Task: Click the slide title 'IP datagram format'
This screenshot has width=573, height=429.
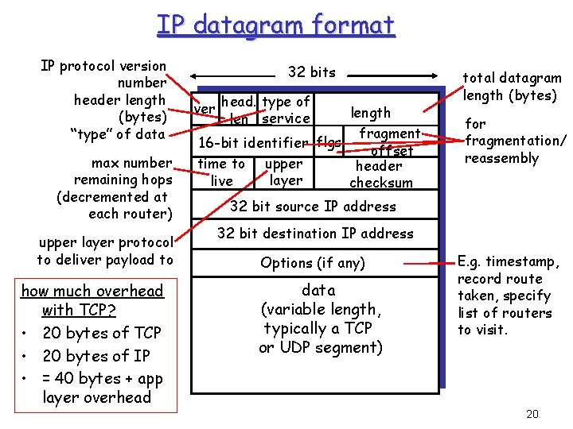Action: (275, 25)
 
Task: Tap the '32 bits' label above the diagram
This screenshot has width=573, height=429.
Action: (311, 72)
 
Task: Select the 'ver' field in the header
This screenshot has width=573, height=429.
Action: (205, 109)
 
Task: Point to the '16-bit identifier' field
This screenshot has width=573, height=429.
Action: (254, 143)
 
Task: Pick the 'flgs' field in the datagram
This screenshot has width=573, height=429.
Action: (329, 143)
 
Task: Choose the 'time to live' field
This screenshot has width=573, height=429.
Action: (221, 172)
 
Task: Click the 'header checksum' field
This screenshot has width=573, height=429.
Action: (381, 174)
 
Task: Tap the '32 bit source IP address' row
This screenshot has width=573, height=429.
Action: (313, 207)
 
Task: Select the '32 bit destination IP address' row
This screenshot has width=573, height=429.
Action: (315, 234)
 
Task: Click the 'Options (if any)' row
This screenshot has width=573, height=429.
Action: (313, 263)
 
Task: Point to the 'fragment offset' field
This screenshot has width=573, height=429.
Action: (390, 141)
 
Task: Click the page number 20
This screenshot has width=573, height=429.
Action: (532, 413)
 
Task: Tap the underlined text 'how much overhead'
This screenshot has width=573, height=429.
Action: (92, 291)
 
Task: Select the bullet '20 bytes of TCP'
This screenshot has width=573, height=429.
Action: (101, 333)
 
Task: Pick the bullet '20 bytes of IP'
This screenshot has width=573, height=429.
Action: (95, 356)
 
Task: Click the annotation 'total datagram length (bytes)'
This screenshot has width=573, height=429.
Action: (512, 87)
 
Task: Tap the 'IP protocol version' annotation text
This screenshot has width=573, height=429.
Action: (103, 66)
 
